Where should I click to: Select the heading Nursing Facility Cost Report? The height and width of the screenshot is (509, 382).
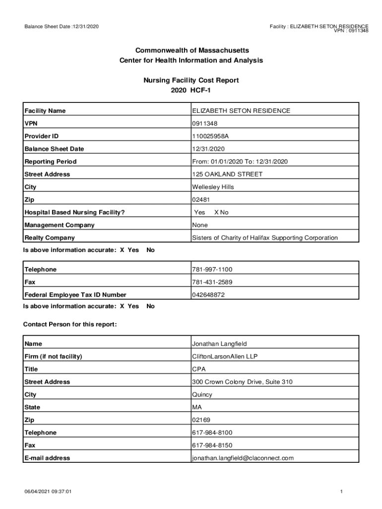191,80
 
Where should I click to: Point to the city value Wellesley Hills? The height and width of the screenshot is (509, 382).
213,187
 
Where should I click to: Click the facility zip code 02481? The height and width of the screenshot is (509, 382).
201,200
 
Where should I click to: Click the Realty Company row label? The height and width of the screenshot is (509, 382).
50,238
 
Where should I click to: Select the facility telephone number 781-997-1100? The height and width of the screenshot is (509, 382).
212,269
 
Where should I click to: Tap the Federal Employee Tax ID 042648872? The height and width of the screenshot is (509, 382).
208,295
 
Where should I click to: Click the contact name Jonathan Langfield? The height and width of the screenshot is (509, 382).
219,344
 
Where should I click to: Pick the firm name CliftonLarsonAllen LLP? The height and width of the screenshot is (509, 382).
225,356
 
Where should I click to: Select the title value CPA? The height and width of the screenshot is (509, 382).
199,369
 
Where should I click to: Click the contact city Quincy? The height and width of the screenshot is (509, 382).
202,395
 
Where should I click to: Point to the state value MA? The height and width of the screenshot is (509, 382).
197,407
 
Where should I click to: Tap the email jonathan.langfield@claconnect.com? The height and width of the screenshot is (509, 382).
243,458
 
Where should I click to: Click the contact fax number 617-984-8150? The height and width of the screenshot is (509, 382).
212,445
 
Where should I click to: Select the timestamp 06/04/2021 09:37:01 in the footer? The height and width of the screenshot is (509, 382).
49,492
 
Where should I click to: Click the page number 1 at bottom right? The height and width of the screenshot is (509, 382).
342,492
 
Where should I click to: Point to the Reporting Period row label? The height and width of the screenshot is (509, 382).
51,162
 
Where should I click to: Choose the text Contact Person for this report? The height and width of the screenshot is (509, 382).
70,325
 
